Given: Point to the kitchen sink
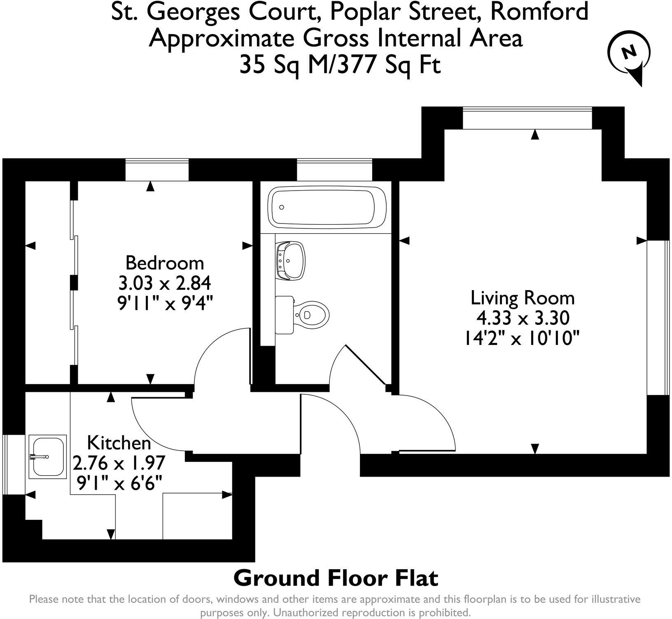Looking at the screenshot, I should [x=48, y=456].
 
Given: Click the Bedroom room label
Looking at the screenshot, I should [x=164, y=263].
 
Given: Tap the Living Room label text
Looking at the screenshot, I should [x=522, y=298].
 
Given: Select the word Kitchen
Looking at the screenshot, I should [x=119, y=443].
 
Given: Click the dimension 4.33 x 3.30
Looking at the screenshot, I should [x=523, y=318].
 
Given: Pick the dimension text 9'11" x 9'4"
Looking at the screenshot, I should [x=165, y=304].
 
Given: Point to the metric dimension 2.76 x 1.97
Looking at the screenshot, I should [x=119, y=463].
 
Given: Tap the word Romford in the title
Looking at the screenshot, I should [x=539, y=12].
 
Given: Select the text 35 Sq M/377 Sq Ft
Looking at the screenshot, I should [x=340, y=65].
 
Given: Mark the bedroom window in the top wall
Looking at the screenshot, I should [x=157, y=170].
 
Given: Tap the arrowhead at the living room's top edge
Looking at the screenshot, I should [x=534, y=135].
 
